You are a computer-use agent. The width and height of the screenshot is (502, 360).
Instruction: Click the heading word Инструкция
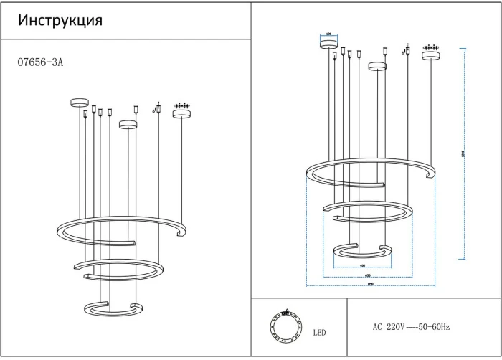click(60, 21)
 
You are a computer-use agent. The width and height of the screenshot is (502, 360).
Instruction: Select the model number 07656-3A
click(40, 62)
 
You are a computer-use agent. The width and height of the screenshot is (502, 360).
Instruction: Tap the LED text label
click(319, 333)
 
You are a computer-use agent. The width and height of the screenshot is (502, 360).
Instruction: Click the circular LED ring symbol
click(283, 327)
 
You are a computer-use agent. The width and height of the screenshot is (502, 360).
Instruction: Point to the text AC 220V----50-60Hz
click(411, 327)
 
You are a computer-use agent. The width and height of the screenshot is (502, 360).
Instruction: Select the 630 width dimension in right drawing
click(367, 275)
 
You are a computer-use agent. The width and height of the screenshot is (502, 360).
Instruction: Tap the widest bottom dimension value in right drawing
click(371, 285)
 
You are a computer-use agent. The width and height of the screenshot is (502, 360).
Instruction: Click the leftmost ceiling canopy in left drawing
click(78, 103)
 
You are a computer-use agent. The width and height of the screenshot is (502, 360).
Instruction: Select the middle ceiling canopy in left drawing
click(128, 125)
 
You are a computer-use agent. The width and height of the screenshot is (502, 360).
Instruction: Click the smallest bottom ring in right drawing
click(363, 251)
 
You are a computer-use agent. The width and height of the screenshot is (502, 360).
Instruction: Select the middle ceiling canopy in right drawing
click(377, 67)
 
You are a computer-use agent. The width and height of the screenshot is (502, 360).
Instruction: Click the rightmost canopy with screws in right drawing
click(431, 55)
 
